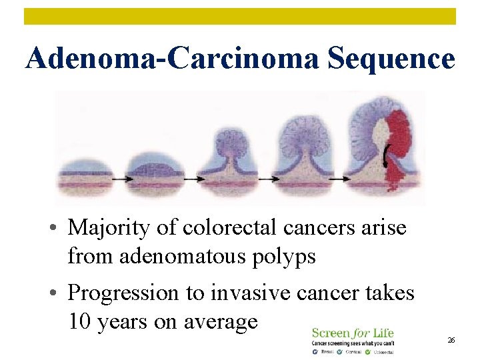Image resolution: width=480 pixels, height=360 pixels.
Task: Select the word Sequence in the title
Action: (391, 59)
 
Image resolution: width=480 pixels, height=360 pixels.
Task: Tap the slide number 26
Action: (451, 340)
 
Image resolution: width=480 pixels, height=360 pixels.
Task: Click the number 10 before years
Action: (80, 321)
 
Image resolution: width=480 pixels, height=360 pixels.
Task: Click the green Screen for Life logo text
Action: (353, 333)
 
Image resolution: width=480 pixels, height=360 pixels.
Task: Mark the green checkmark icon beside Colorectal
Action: (369, 351)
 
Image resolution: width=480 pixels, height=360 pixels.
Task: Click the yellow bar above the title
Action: (240, 16)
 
